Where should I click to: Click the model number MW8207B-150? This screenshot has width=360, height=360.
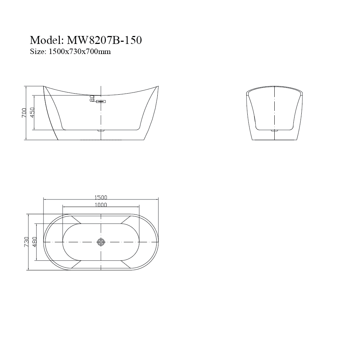102,40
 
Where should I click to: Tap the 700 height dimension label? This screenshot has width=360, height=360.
24,113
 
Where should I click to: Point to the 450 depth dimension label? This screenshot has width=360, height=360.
32,113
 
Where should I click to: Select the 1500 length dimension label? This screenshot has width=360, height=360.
101,197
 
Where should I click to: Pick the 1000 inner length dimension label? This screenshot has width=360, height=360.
101,205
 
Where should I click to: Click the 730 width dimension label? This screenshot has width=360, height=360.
26,242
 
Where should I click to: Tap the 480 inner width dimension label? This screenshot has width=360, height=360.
35,242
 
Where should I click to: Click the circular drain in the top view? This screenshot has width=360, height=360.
101,242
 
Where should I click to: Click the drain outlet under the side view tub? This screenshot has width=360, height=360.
101,131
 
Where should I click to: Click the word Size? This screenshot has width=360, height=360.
36,51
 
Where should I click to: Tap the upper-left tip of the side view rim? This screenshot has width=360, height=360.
44,86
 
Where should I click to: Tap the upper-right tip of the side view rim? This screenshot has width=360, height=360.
158,86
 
